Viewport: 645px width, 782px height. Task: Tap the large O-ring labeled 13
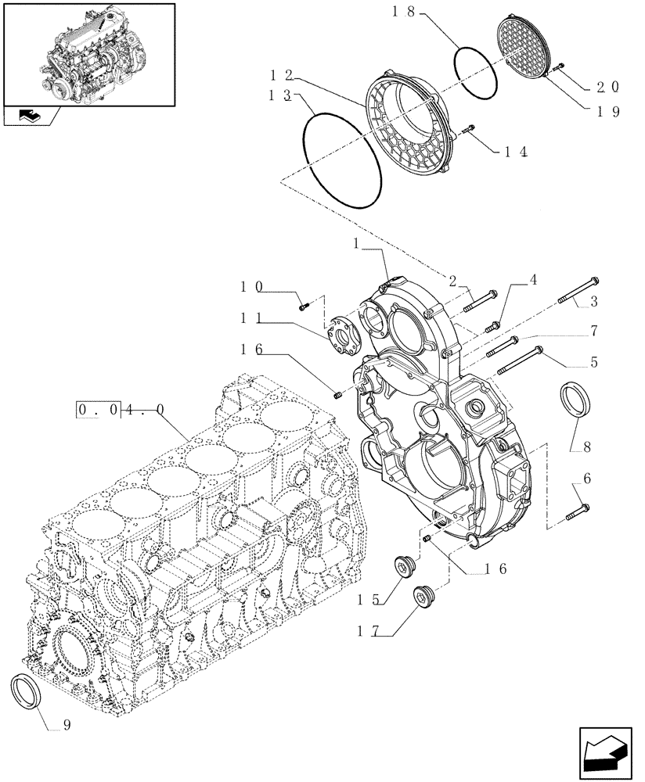pyautogui.click(x=343, y=160)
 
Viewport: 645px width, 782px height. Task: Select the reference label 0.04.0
pyautogui.click(x=121, y=409)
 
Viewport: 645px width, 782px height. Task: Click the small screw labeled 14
pyautogui.click(x=469, y=130)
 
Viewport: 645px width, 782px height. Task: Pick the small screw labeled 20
pyautogui.click(x=557, y=70)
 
